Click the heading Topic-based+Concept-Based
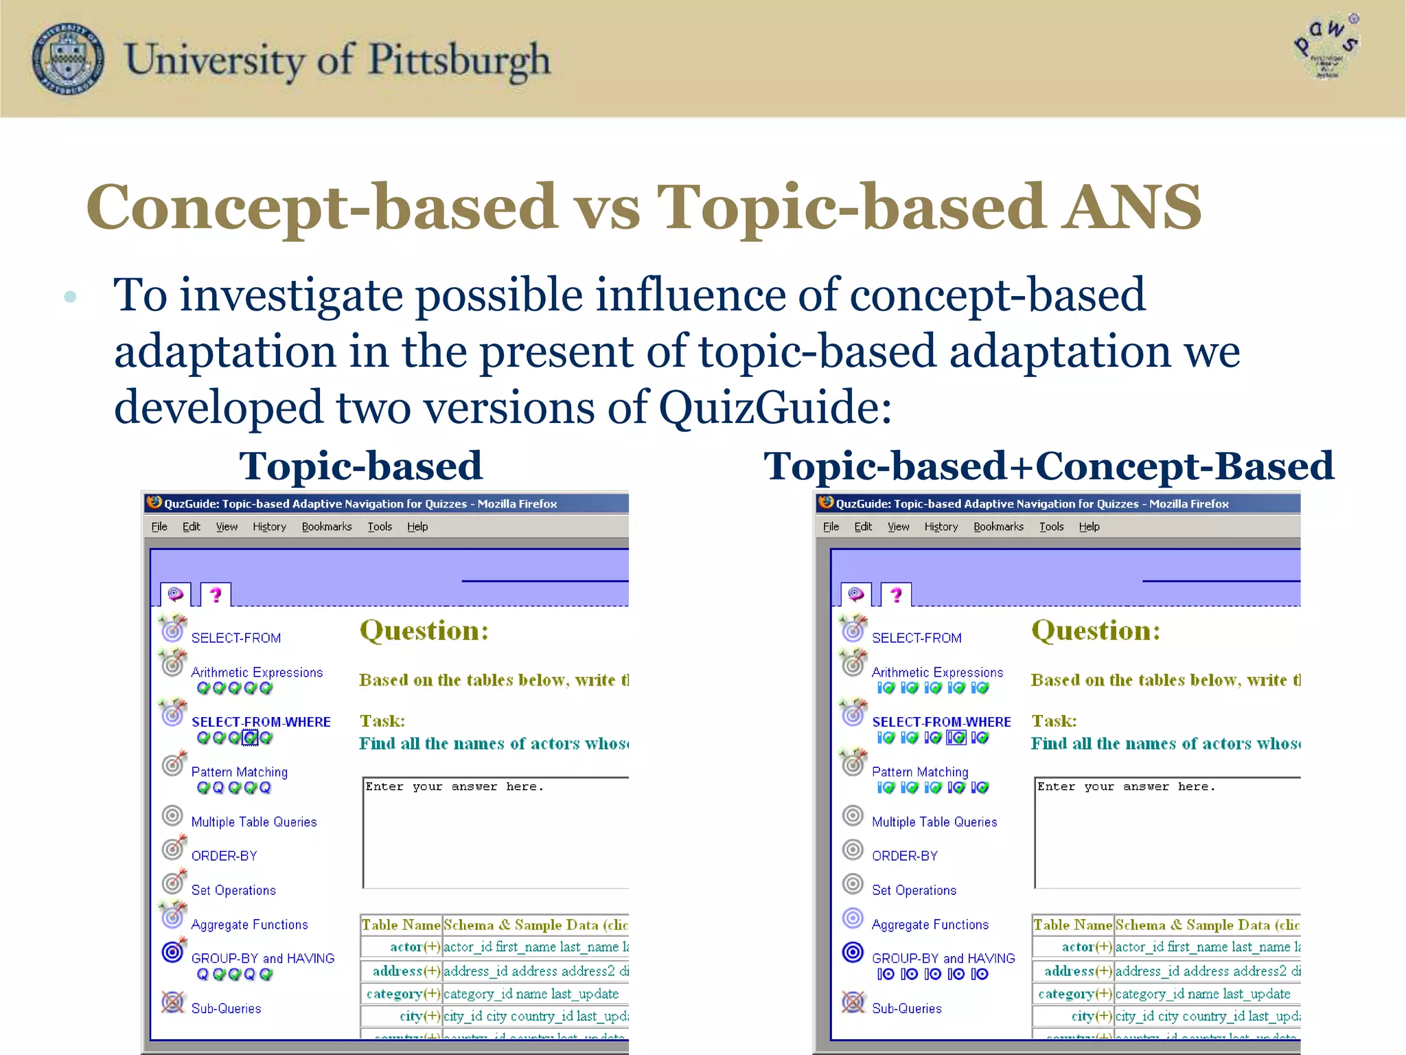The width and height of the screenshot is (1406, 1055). click(x=1048, y=466)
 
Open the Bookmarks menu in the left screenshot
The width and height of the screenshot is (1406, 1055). click(x=327, y=527)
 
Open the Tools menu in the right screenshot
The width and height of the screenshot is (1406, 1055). click(x=1051, y=527)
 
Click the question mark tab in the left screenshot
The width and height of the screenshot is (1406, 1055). click(x=216, y=595)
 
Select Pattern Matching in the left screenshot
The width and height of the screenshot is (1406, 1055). click(x=239, y=772)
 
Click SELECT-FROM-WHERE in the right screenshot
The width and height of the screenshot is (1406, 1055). click(x=941, y=722)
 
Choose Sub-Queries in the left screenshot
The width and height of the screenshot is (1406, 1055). click(x=226, y=1008)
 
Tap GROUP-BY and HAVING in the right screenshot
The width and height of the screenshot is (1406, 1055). click(x=943, y=958)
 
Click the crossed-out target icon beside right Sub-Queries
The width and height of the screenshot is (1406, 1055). click(x=853, y=1002)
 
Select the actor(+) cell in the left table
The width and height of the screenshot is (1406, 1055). click(x=415, y=947)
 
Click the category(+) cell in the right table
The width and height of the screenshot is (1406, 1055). click(x=1074, y=994)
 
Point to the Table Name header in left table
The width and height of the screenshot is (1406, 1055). click(x=401, y=925)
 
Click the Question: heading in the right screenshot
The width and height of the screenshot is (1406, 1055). click(x=1096, y=631)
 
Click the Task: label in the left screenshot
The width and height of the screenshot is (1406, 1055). click(x=382, y=721)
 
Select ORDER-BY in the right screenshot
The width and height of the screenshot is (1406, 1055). click(x=904, y=856)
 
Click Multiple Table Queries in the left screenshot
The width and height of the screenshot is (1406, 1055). click(x=254, y=822)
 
